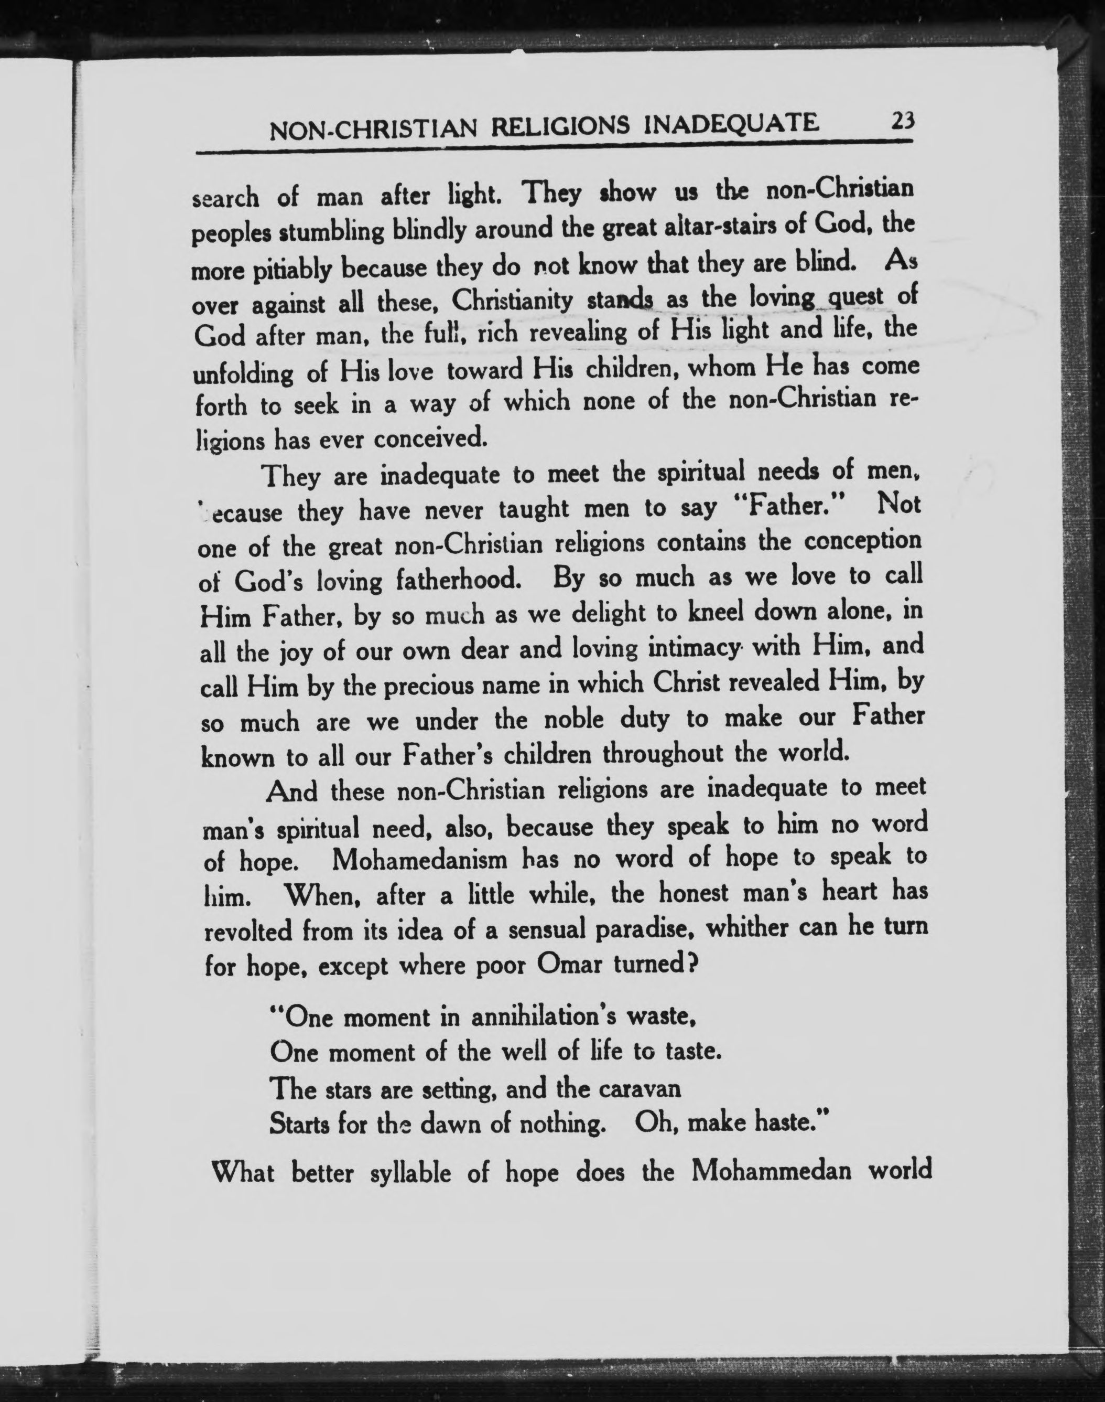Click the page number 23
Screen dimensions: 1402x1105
901,121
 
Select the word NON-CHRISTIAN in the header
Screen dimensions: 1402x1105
373,129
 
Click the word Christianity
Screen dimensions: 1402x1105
512,299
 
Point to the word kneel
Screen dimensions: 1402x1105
696,612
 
